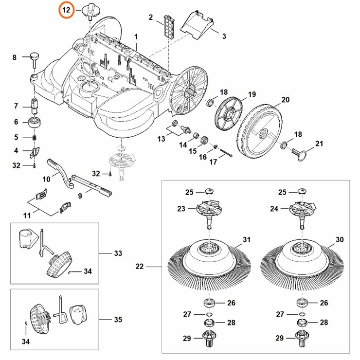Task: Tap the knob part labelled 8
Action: coord(36,57)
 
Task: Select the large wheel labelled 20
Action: coord(262,129)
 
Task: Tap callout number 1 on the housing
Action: coord(136,37)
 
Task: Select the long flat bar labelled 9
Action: coord(92,183)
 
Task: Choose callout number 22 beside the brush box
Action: coord(140,266)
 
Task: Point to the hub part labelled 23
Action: coord(209,210)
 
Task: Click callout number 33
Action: coord(118,253)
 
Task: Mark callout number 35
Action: coord(118,320)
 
